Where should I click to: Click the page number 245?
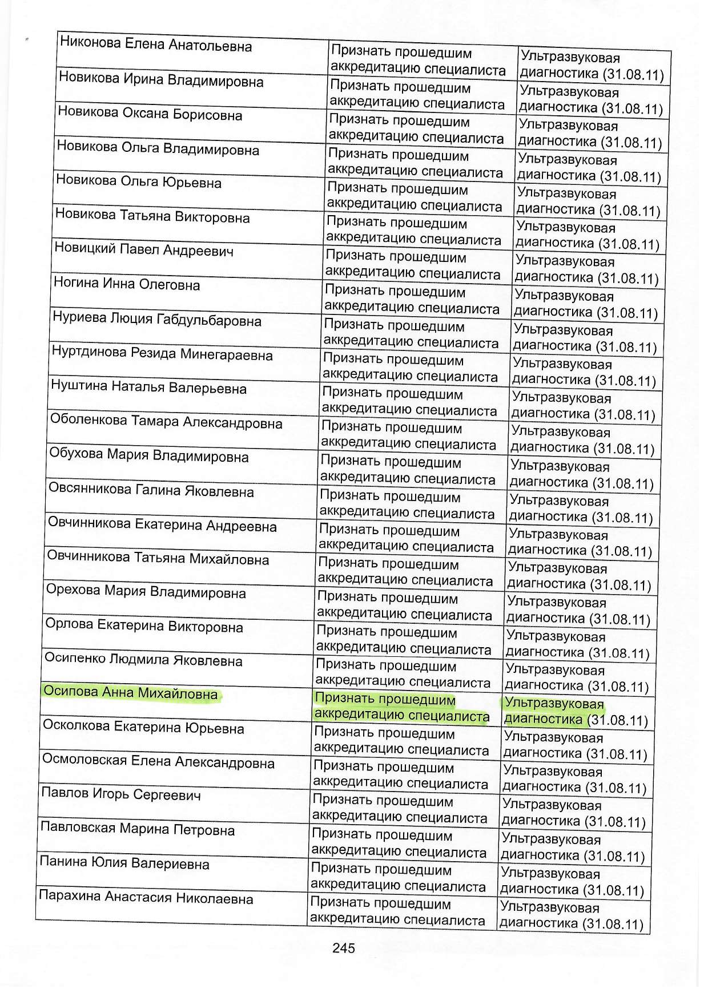point(343,948)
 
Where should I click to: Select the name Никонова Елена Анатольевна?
point(156,45)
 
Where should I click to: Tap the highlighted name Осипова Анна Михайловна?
point(131,693)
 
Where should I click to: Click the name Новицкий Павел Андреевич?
point(144,250)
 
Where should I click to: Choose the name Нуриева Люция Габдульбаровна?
point(157,319)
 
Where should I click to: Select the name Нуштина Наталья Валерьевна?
point(148,388)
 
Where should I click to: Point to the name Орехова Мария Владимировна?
point(146,591)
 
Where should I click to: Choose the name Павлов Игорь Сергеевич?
point(121,794)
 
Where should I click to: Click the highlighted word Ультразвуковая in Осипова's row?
point(554,704)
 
